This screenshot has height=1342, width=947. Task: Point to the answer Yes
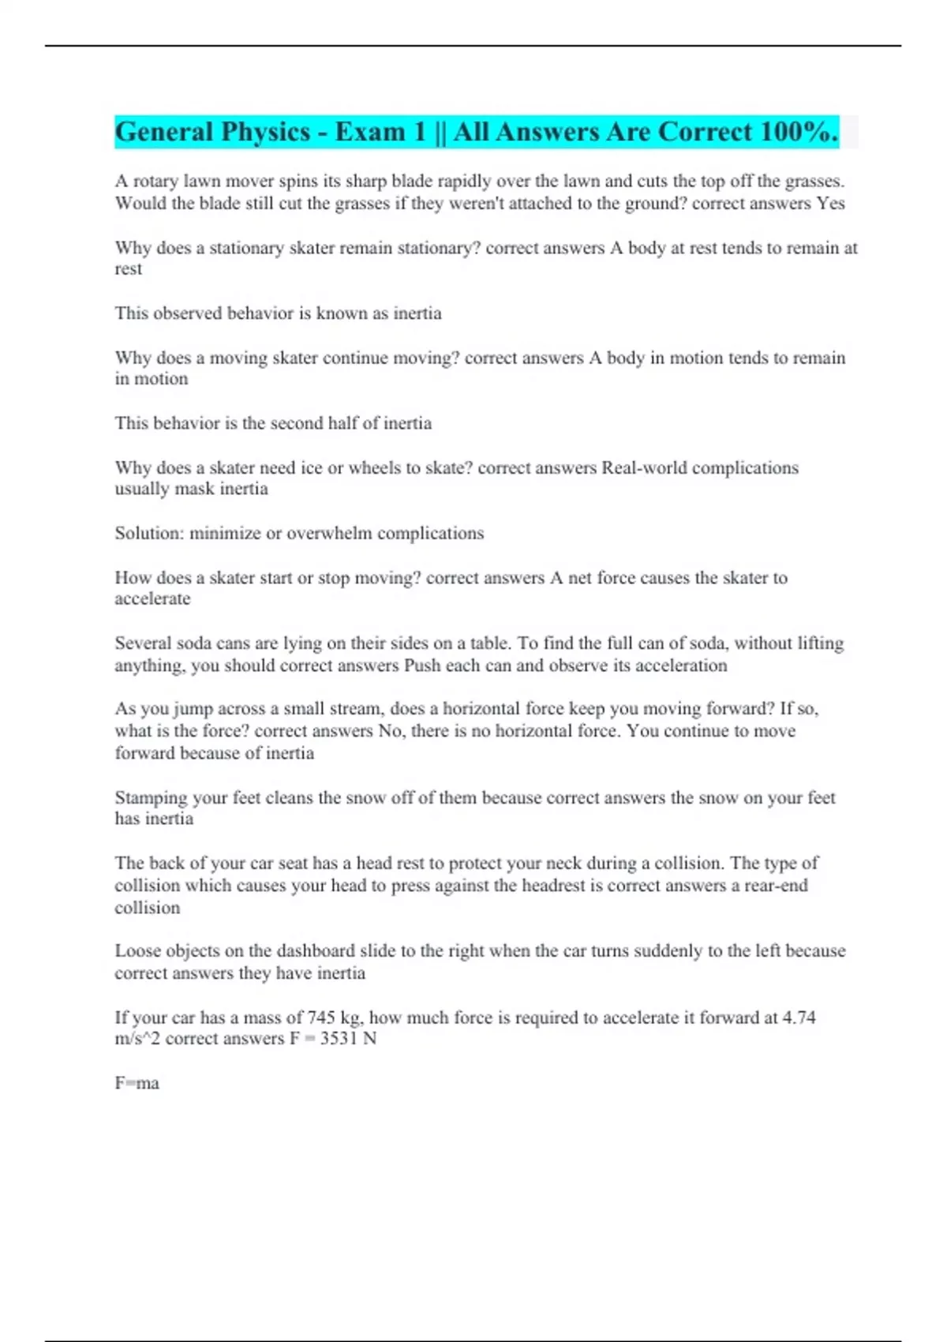point(831,204)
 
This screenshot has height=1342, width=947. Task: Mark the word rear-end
point(777,886)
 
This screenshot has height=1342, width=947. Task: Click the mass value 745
point(321,1018)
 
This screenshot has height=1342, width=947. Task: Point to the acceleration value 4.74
point(799,1018)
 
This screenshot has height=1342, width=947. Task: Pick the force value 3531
point(339,1039)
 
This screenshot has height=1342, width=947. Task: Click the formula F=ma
point(137,1084)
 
